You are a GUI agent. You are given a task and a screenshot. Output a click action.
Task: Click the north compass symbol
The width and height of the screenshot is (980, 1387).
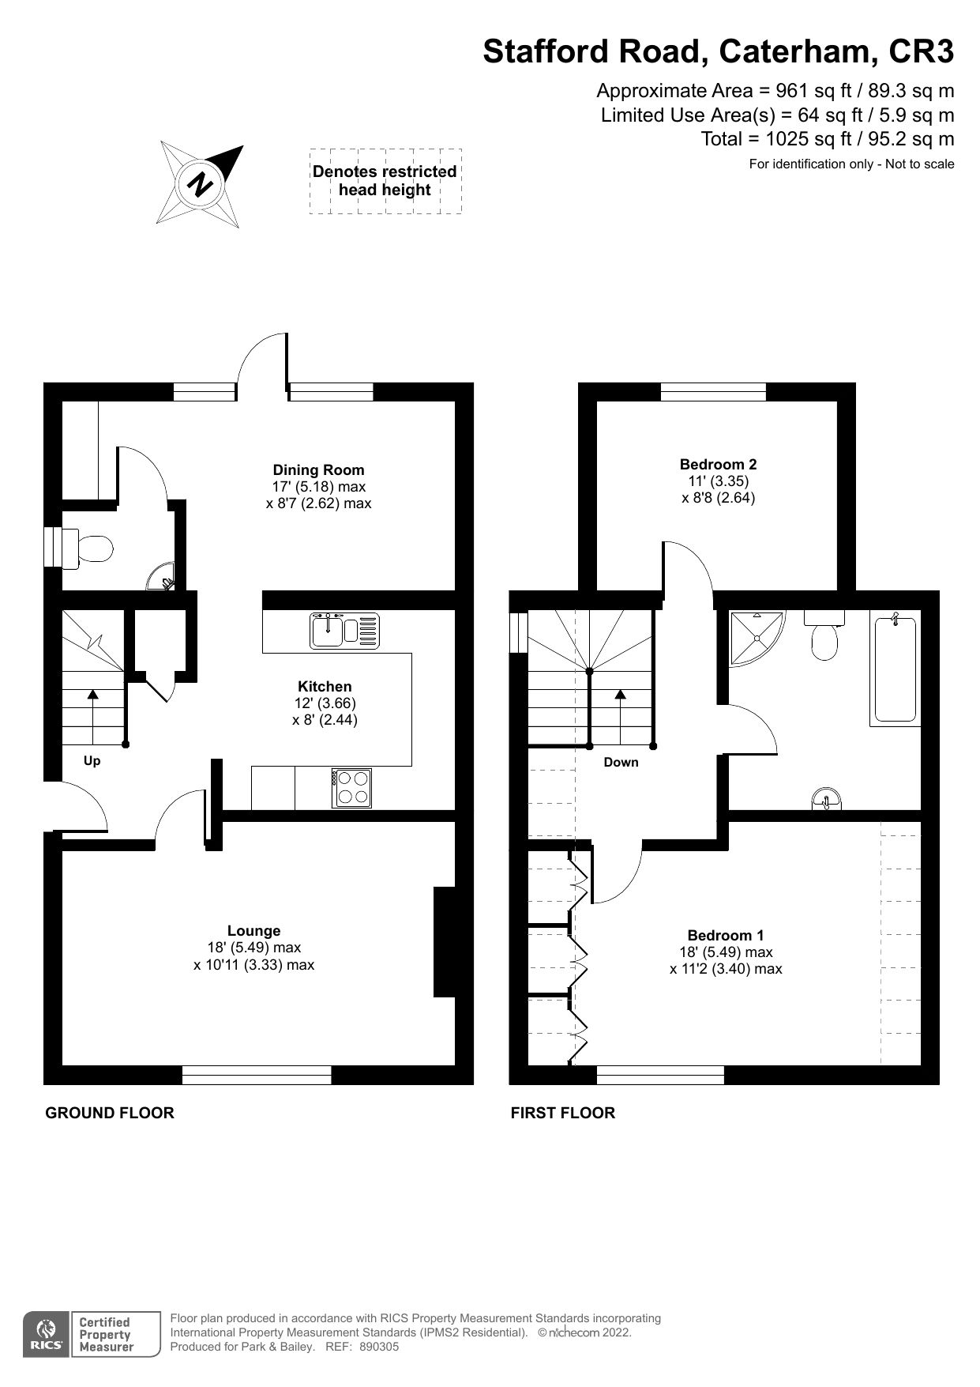201,184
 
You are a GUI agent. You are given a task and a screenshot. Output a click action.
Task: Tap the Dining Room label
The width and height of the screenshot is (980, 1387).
318,470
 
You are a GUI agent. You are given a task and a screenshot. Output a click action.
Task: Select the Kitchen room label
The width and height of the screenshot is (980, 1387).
325,687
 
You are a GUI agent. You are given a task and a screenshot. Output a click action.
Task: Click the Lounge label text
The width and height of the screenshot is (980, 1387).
253,931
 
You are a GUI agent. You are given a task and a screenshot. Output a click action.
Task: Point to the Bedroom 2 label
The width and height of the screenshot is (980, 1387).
718,465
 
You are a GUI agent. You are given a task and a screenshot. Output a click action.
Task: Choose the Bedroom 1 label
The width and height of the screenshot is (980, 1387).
725,935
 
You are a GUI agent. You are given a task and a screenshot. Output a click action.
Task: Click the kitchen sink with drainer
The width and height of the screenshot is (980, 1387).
344,631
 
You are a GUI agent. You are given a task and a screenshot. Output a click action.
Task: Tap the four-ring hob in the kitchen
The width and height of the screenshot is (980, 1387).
353,788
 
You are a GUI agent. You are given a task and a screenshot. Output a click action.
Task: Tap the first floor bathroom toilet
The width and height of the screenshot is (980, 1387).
824,637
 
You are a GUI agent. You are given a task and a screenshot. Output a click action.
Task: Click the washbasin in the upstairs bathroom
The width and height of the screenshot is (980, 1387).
828,800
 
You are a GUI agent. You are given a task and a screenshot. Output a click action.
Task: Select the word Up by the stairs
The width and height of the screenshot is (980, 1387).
92,761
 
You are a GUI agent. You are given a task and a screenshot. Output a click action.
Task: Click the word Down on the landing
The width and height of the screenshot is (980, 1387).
621,763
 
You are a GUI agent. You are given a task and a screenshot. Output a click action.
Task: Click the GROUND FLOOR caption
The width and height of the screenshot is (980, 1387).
110,1113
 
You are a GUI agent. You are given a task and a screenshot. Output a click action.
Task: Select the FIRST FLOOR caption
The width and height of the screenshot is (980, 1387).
562,1113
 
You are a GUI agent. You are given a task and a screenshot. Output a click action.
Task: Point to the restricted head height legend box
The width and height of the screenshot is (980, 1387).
385,181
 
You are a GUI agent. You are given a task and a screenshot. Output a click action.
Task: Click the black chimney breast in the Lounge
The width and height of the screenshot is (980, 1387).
445,942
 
